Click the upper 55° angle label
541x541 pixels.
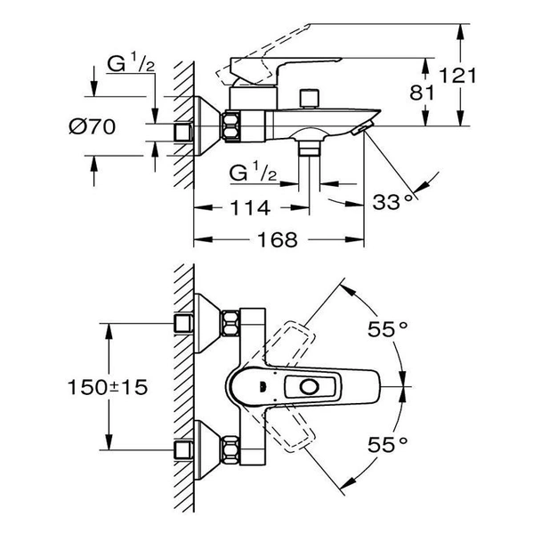click(388, 329)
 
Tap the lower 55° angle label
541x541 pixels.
click(388, 441)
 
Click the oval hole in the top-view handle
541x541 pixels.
click(311, 387)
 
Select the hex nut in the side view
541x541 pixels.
click(232, 126)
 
